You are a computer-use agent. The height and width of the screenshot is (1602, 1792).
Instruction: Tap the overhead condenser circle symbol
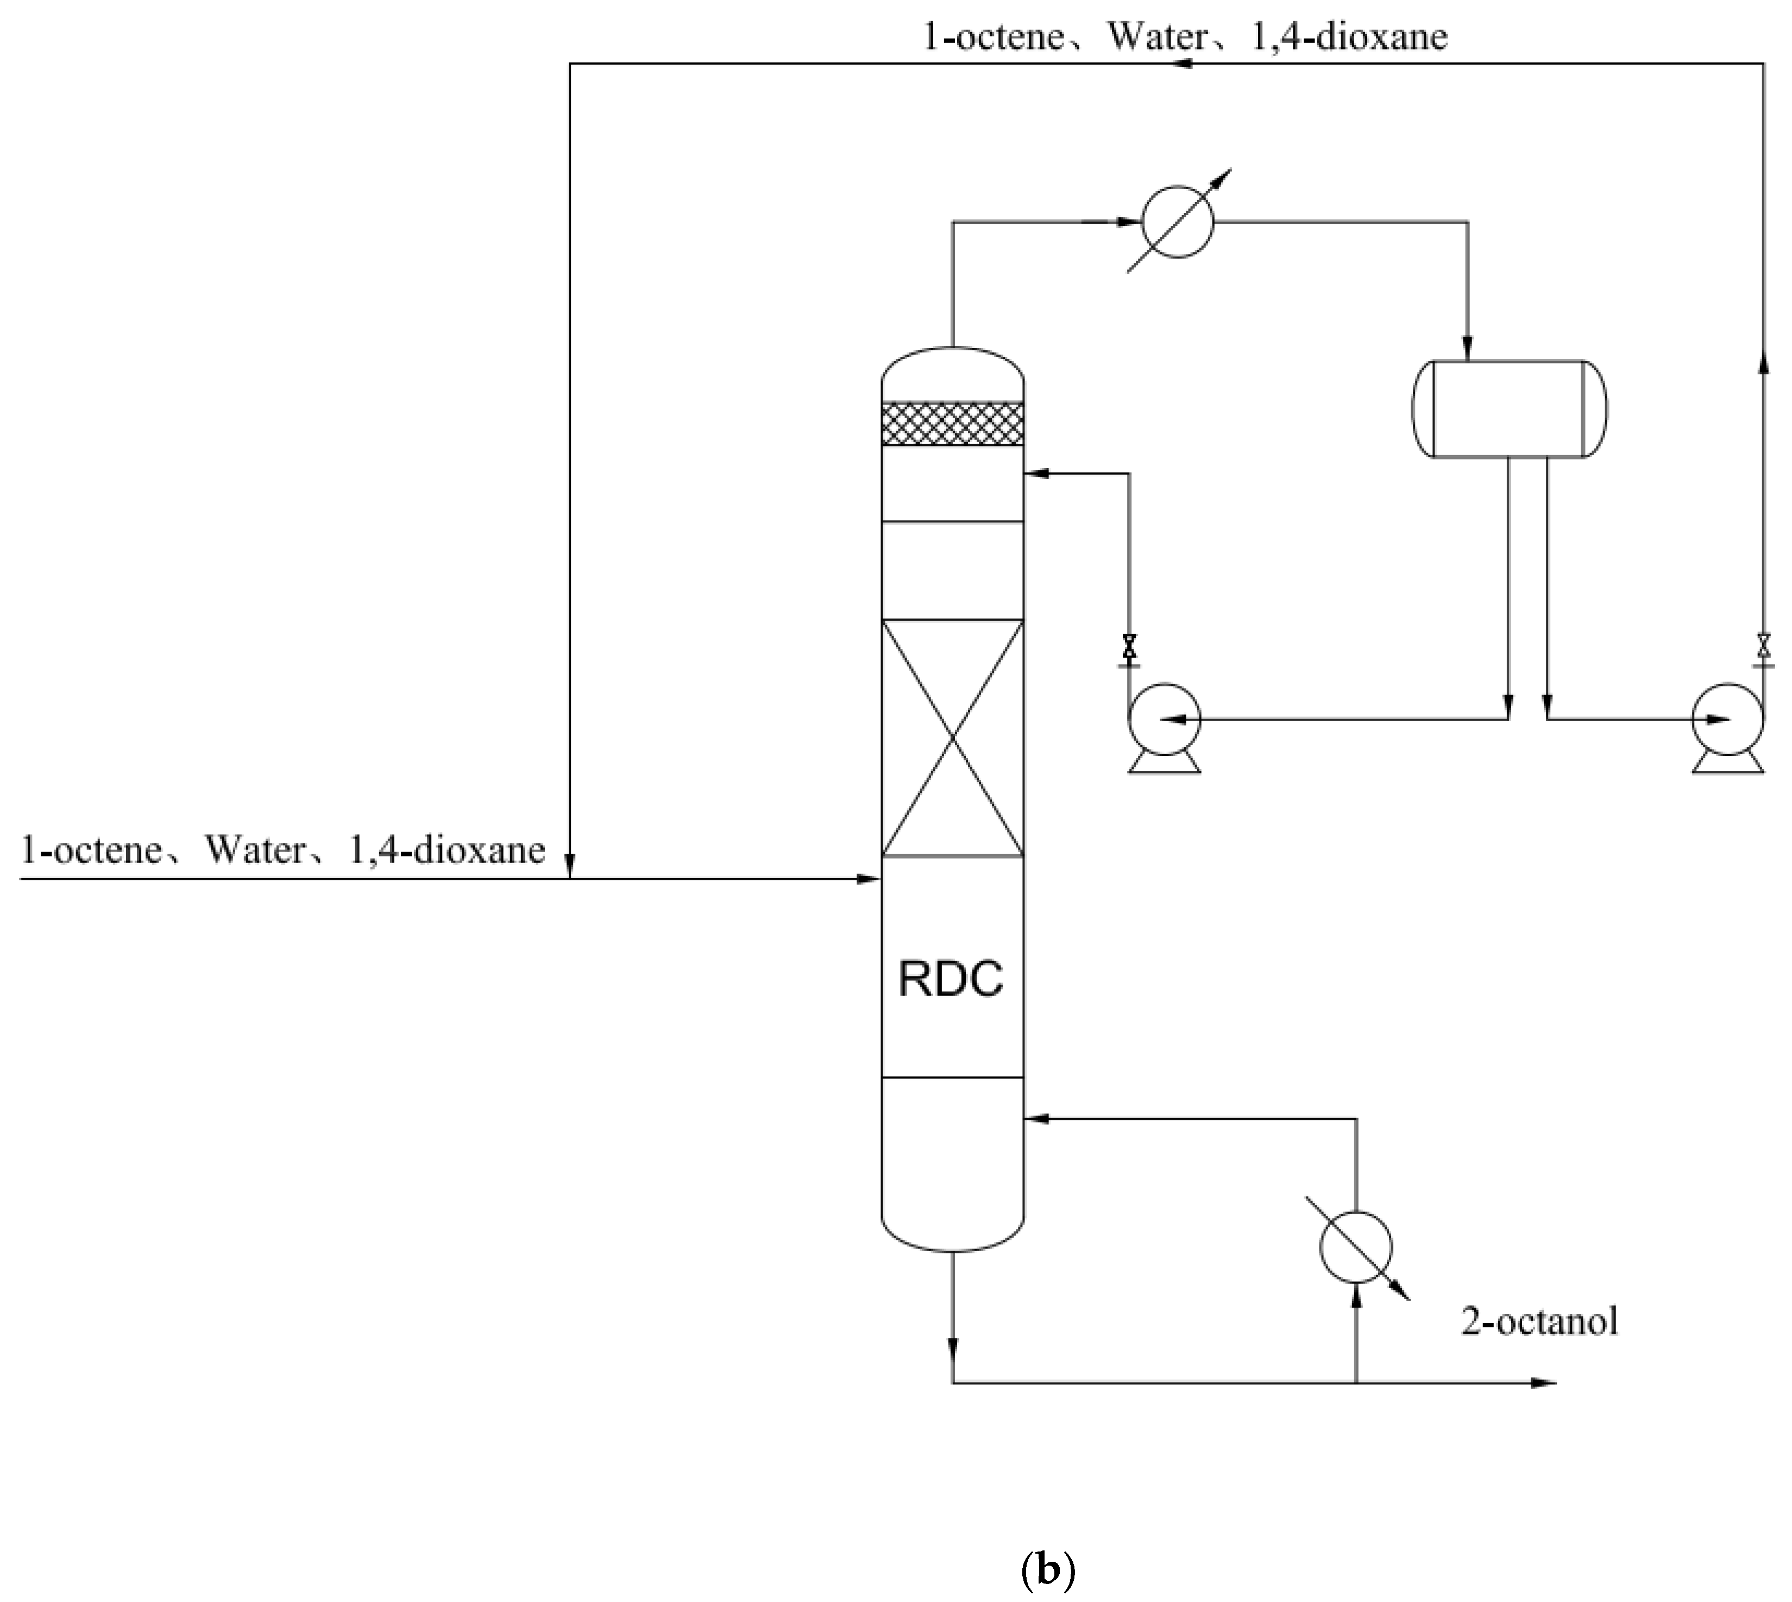click(x=1177, y=221)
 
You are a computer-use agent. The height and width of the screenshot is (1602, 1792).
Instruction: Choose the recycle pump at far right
click(x=1728, y=720)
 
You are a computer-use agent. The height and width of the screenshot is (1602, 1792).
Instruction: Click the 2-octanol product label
click(x=1539, y=1323)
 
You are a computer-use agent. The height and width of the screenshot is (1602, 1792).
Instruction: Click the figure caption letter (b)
click(x=1048, y=1568)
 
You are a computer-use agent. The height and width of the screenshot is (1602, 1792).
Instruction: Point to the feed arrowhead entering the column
click(x=871, y=879)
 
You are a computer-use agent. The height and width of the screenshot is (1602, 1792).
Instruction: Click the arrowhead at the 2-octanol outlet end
click(x=1545, y=1383)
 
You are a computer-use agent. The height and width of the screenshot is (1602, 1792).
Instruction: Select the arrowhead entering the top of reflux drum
click(x=1468, y=350)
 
